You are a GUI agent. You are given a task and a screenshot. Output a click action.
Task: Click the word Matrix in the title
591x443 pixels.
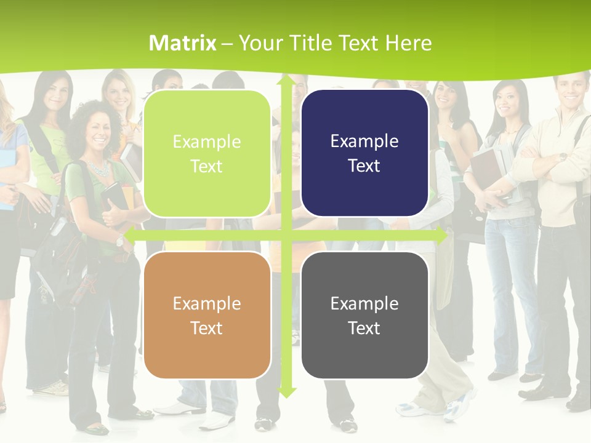pos(183,43)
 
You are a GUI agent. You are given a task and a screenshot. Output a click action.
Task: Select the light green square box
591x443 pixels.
pos(207,154)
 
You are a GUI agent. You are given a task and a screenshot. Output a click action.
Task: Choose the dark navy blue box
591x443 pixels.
pos(364,153)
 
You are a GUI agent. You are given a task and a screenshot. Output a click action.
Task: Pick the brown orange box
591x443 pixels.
pos(207,315)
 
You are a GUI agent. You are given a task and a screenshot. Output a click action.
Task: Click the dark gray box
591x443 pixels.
pos(364,315)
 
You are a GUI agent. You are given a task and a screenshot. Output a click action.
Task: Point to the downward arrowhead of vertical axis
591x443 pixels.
pos(286,392)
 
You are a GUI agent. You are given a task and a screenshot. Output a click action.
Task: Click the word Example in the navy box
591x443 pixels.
pos(364,142)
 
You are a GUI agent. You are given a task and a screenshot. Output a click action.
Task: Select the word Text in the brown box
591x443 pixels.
pos(207,328)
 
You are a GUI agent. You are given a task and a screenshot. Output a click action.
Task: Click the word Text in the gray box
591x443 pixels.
pos(364,328)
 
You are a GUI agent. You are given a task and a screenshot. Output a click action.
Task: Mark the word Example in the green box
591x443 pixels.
pos(207,142)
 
